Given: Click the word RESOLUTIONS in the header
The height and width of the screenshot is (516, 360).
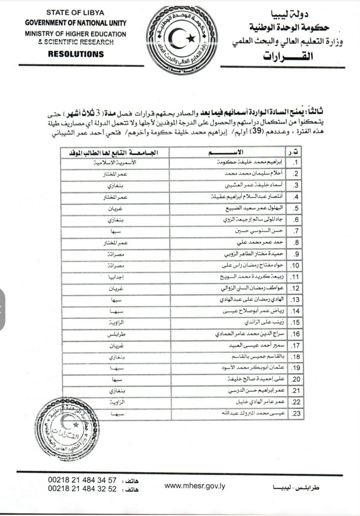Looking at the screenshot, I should [x=76, y=54].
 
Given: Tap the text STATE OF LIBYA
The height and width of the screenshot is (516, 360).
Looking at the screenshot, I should [x=75, y=13].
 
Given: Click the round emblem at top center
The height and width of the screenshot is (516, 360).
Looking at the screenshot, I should [x=182, y=39].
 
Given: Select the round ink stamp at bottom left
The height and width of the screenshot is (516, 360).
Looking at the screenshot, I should [x=66, y=425].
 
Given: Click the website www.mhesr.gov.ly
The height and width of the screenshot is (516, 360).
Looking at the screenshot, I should [x=195, y=486].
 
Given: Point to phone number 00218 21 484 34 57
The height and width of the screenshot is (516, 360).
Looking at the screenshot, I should [x=82, y=480].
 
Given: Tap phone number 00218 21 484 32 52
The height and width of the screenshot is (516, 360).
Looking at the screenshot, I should [x=82, y=489].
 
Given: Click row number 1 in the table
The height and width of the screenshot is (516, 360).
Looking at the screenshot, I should [x=295, y=163].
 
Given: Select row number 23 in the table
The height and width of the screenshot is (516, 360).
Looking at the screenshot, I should [x=296, y=414].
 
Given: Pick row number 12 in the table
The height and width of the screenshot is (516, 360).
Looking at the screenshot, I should [x=295, y=288].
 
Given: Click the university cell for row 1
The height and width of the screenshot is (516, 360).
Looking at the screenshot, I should [x=115, y=163].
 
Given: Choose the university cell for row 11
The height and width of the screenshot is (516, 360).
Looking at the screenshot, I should [x=116, y=277].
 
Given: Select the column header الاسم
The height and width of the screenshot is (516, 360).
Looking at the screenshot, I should [x=227, y=153].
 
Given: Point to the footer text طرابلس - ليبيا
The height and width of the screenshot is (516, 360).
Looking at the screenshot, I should [x=296, y=487].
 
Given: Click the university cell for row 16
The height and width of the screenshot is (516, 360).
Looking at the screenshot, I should [x=116, y=334].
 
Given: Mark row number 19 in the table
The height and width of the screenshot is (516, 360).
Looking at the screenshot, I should [x=296, y=368].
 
